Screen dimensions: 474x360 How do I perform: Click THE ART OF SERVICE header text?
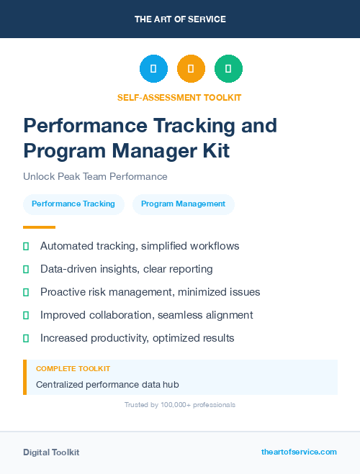pyautogui.click(x=180, y=19)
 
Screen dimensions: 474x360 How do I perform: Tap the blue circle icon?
pyautogui.click(x=153, y=69)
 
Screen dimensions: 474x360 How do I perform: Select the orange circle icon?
pyautogui.click(x=191, y=69)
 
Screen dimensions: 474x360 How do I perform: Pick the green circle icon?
pyautogui.click(x=228, y=69)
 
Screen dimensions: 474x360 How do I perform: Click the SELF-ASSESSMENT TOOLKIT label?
pyautogui.click(x=179, y=97)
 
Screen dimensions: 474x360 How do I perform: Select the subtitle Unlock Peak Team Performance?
pyautogui.click(x=95, y=176)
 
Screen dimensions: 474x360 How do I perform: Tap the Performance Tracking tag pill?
pyautogui.click(x=73, y=204)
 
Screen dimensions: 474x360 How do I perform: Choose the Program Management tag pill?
pyautogui.click(x=183, y=204)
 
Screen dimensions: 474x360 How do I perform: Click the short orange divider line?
pyautogui.click(x=39, y=227)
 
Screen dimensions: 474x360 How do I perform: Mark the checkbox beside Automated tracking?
pyautogui.click(x=26, y=246)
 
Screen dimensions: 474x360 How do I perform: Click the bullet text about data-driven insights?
pyautogui.click(x=126, y=269)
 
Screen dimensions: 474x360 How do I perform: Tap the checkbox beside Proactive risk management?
pyautogui.click(x=26, y=292)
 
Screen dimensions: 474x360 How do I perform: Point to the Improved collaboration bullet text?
pyautogui.click(x=146, y=315)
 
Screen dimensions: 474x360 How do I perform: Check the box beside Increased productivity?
pyautogui.click(x=26, y=338)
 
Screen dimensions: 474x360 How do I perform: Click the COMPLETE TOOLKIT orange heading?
pyautogui.click(x=73, y=368)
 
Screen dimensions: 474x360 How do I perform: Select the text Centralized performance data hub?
pyautogui.click(x=107, y=384)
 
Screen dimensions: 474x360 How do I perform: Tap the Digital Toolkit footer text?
pyautogui.click(x=51, y=452)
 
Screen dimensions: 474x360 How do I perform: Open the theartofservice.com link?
pyautogui.click(x=299, y=452)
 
